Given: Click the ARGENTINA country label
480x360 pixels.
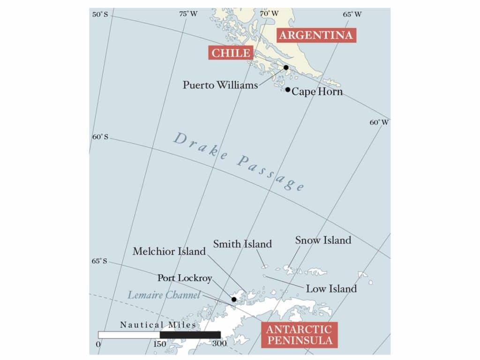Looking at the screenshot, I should click(x=316, y=36).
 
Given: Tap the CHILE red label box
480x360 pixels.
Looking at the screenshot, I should click(x=231, y=52).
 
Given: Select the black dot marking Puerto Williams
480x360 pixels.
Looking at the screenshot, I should click(x=286, y=67).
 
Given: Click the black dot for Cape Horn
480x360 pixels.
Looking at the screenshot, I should click(x=288, y=90).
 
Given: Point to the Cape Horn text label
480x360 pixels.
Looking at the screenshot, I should click(x=317, y=92).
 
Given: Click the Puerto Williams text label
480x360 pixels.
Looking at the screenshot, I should click(x=220, y=85).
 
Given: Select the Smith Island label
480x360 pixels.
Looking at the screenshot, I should click(x=242, y=244).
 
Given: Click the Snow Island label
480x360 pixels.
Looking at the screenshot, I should click(x=323, y=240).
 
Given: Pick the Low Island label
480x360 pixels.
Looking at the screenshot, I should click(x=331, y=289).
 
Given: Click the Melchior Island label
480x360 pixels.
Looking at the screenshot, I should click(x=169, y=251).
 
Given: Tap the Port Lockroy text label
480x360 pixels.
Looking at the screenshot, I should click(x=185, y=278).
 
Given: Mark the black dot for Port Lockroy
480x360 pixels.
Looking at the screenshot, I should click(x=234, y=299).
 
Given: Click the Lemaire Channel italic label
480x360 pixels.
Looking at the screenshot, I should click(x=164, y=295).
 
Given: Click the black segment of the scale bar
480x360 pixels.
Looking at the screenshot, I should click(x=190, y=335).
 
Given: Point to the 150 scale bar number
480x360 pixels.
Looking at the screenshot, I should click(x=159, y=344).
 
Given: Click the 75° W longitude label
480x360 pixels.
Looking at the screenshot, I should click(x=188, y=14).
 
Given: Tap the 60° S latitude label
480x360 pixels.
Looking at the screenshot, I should click(x=100, y=137).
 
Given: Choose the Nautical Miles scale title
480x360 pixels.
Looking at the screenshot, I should click(x=158, y=325).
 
